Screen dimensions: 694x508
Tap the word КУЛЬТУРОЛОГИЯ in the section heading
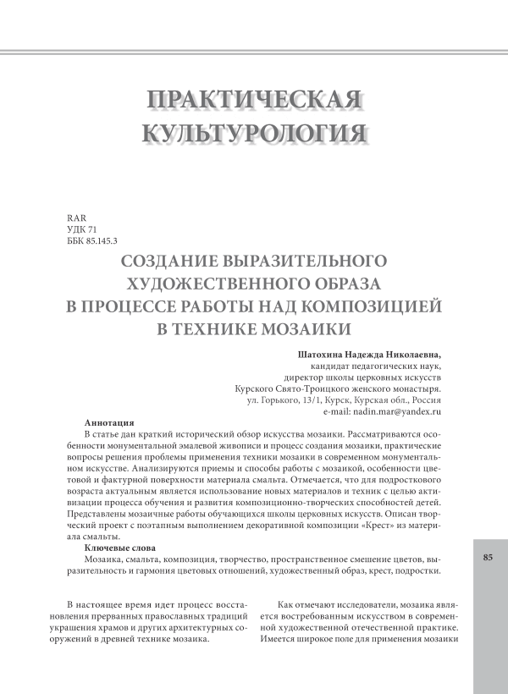(254, 135)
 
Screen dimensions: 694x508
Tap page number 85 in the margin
(487, 557)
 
